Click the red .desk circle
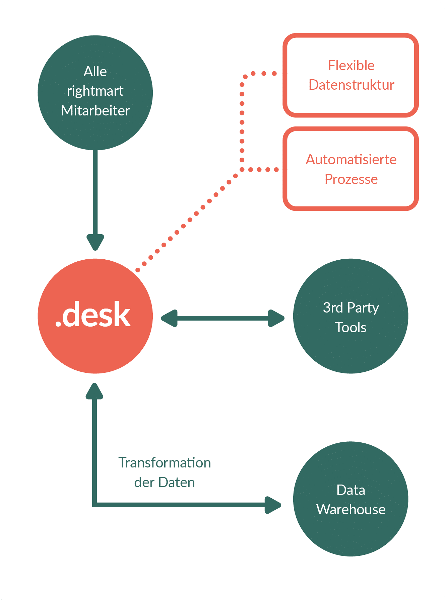coord(95,316)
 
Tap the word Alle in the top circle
coord(95,72)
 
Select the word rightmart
coord(95,91)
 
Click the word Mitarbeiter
coord(96,111)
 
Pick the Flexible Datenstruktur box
coord(351,75)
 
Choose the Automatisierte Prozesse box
coord(351,169)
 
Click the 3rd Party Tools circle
coord(351,316)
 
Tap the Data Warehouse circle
coord(351,499)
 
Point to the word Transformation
coord(165,463)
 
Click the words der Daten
coord(165,483)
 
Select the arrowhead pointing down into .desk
coord(96,242)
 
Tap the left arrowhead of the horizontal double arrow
coord(170,318)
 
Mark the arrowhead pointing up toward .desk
coord(94,392)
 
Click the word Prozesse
coord(351,179)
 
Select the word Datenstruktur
coord(351,85)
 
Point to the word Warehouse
coord(351,510)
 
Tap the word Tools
coord(351,327)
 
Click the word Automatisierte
coord(351,160)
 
